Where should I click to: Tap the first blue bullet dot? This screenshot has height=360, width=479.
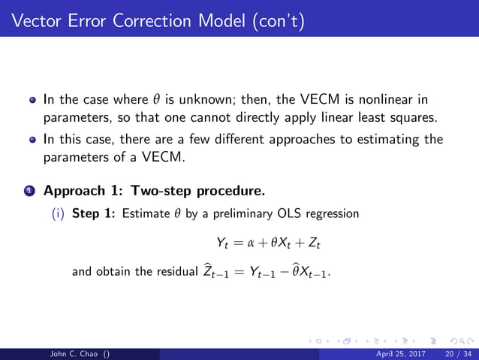coord(33,99)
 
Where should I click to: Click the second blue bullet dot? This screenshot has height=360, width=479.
coord(33,140)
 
